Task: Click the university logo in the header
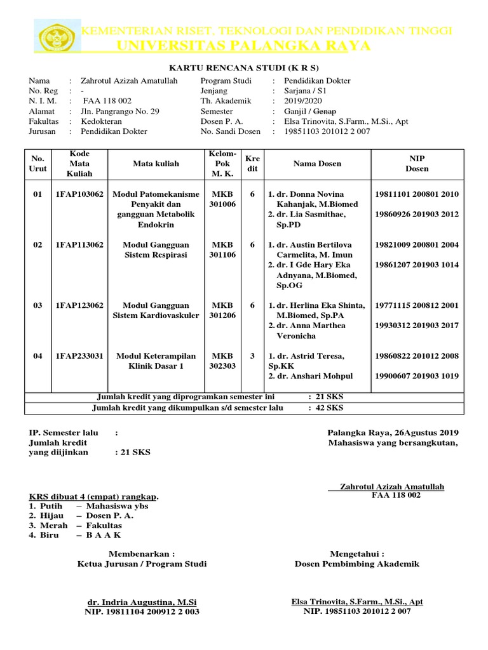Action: point(59,38)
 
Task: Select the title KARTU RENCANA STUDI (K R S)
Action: point(243,68)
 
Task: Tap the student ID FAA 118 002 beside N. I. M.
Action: point(107,101)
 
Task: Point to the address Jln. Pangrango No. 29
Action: point(120,111)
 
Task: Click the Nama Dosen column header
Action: point(317,164)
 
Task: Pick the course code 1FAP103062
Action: point(78,194)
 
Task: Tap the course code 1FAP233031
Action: point(78,356)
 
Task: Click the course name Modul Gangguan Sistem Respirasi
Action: point(156,249)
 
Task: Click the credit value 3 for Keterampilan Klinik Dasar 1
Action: point(252,356)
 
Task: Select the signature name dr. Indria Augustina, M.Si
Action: point(142,602)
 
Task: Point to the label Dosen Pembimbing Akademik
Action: point(357,564)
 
